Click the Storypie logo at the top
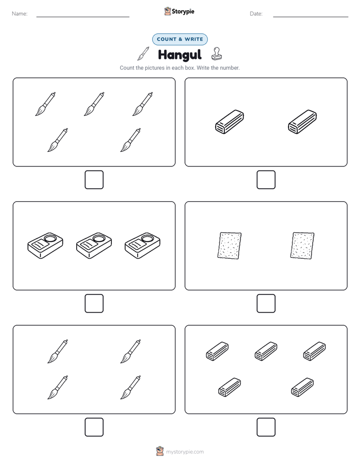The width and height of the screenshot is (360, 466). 179,11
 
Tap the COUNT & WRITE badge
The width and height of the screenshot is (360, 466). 179,39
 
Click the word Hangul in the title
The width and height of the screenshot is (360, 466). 179,54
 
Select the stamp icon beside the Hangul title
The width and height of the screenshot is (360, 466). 216,54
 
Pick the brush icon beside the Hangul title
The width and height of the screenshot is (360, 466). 143,53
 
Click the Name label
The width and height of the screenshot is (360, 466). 20,14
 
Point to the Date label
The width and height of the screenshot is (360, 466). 256,14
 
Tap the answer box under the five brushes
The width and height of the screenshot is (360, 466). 94,180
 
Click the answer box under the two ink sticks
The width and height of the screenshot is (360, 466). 266,180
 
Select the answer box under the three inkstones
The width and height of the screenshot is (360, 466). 94,304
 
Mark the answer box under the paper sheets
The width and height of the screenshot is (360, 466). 266,304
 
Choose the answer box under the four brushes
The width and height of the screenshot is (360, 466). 94,427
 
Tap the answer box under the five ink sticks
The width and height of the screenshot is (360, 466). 266,427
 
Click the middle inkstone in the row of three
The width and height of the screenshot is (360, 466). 94,246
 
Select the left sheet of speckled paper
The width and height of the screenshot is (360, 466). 229,246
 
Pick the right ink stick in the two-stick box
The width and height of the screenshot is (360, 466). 303,122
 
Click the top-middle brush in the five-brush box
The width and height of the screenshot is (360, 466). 94,104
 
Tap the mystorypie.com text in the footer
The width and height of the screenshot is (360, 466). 185,452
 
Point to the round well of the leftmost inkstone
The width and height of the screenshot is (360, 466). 49,239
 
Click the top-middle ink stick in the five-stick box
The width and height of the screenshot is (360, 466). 266,352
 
